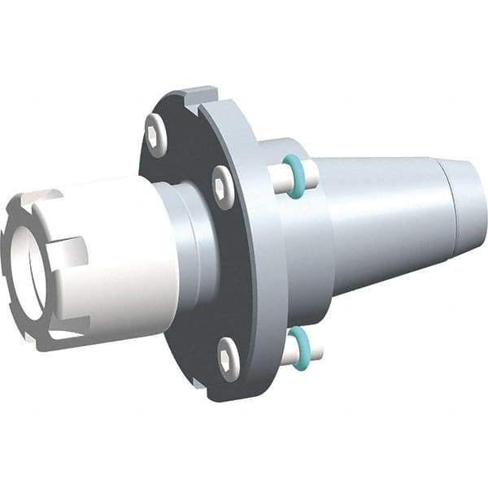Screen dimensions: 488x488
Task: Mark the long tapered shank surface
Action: click(382, 220)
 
